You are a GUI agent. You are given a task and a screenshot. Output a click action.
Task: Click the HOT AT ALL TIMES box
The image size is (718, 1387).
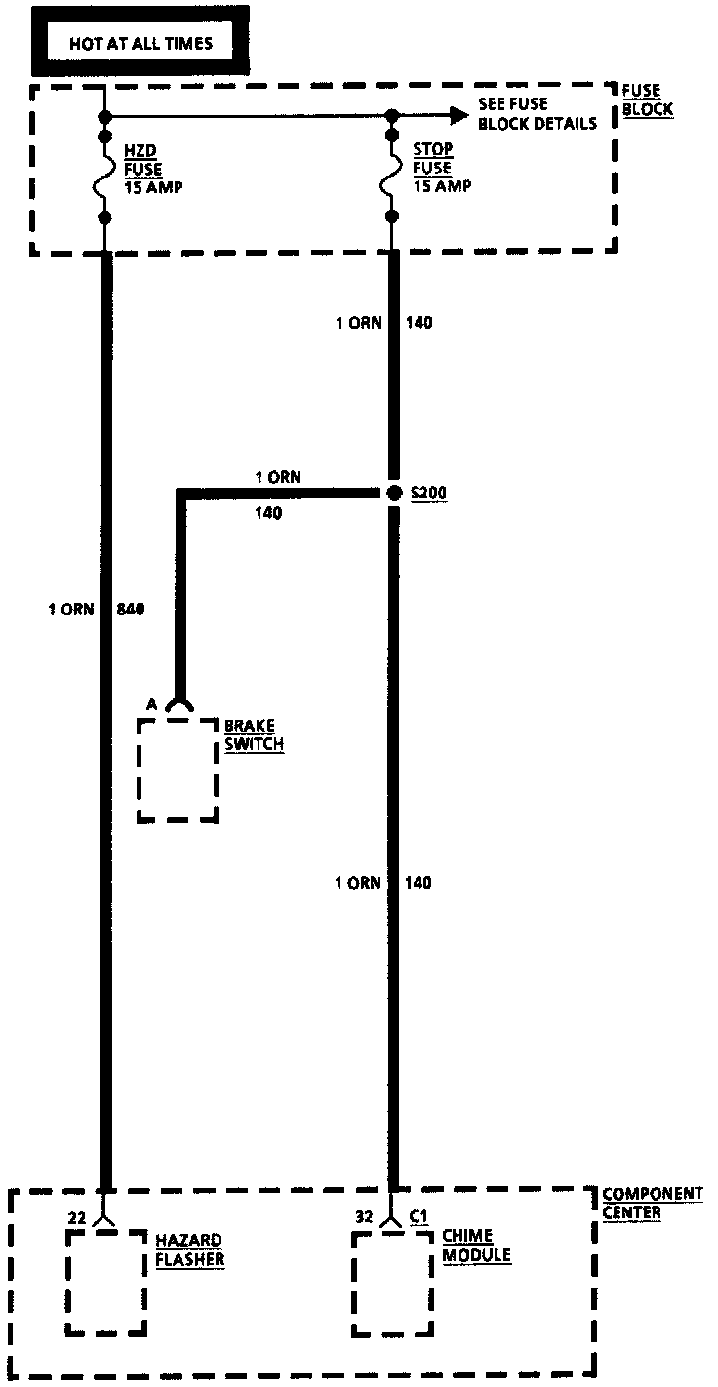click(140, 43)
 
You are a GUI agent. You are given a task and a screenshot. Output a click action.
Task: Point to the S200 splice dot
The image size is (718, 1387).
click(394, 494)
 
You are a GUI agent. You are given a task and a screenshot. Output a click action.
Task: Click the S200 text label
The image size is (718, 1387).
click(428, 494)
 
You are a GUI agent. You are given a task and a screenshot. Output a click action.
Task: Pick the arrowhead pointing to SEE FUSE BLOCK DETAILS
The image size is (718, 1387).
click(459, 116)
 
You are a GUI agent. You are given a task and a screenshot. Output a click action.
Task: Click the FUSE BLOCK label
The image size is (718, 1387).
click(647, 100)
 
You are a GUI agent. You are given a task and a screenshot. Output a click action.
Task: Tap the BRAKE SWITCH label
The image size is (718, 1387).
click(255, 735)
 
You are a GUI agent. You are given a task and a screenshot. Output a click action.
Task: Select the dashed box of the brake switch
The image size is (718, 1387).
click(178, 770)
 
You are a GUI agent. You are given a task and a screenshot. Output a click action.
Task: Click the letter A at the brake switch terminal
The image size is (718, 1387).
click(151, 704)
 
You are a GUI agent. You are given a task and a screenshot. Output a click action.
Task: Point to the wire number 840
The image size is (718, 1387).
click(130, 610)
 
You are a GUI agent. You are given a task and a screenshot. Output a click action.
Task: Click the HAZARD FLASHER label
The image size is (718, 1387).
click(189, 1249)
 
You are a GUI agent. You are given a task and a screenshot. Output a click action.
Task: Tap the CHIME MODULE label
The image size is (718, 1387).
click(476, 1246)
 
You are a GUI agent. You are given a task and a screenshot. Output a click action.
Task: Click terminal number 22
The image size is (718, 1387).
click(77, 1217)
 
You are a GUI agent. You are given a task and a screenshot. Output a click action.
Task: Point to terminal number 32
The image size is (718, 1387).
click(364, 1216)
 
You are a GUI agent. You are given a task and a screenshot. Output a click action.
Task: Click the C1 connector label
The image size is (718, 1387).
click(419, 1216)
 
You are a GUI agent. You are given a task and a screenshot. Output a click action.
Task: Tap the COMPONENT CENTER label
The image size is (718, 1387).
click(652, 1203)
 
